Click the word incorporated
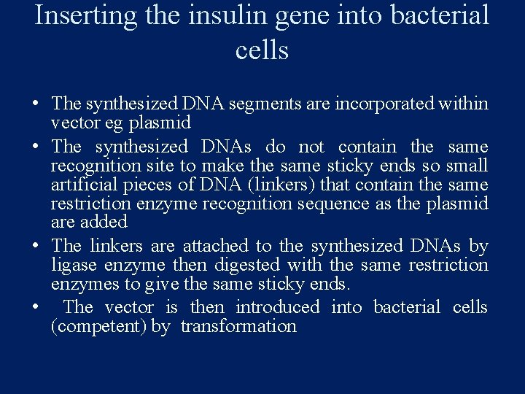pos(384,104)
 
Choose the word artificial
pos(80,185)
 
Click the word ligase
pos(75,265)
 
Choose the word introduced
pos(278,307)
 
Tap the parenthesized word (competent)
pos(99,326)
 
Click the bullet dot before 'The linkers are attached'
pos(36,247)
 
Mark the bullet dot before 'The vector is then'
pos(36,308)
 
